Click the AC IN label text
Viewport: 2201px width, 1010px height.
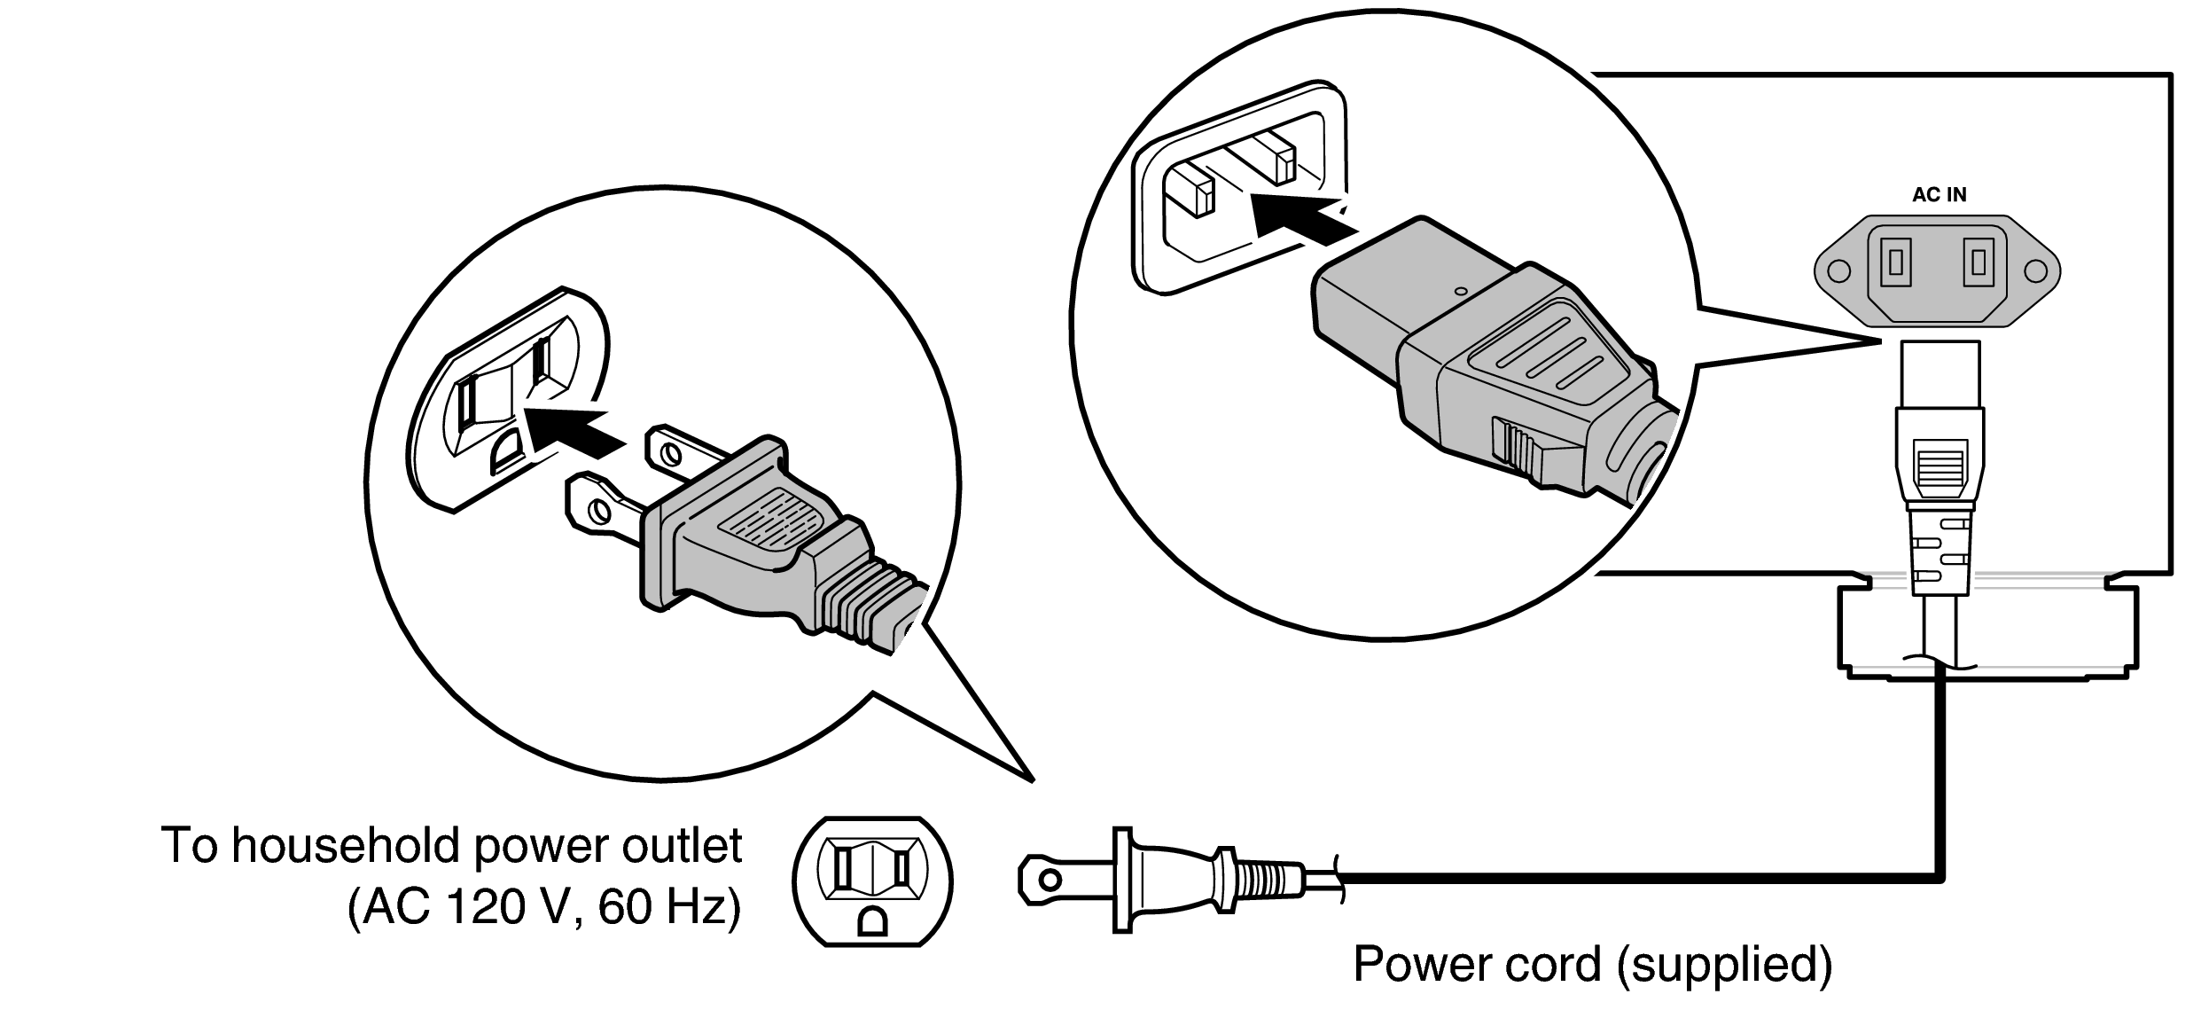(x=1939, y=195)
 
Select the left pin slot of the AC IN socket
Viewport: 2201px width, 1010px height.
(x=1895, y=262)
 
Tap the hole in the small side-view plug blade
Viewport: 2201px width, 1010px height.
(x=1050, y=881)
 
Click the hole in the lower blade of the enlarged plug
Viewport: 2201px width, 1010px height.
(x=599, y=512)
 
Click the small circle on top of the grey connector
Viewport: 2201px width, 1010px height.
(x=1462, y=289)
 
